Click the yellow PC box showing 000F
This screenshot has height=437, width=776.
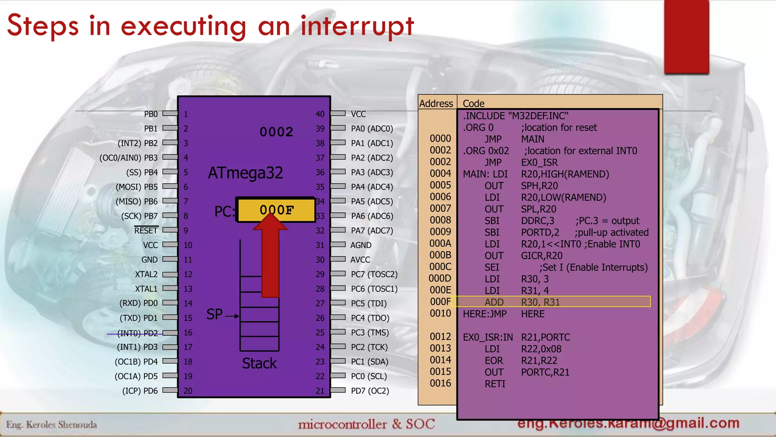(276, 209)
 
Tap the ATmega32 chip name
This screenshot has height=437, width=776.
(246, 173)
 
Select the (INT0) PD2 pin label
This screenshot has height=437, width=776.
(137, 333)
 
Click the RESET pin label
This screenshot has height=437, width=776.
(146, 231)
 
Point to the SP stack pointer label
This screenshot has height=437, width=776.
(214, 314)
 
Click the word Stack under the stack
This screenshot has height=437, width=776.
(259, 363)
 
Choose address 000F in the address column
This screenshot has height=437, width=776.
(440, 302)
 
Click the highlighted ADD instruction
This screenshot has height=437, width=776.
(494, 302)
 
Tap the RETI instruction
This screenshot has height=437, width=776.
(495, 384)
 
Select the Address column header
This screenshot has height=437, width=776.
(436, 104)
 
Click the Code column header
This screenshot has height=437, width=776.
(473, 104)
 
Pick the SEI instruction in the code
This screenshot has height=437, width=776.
(492, 267)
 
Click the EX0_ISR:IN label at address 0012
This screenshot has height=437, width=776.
(488, 337)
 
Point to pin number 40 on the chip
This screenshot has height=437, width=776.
(320, 114)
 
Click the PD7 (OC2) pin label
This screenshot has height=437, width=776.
(370, 391)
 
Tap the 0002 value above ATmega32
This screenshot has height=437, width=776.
(276, 132)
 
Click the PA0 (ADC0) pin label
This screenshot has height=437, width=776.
(372, 129)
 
